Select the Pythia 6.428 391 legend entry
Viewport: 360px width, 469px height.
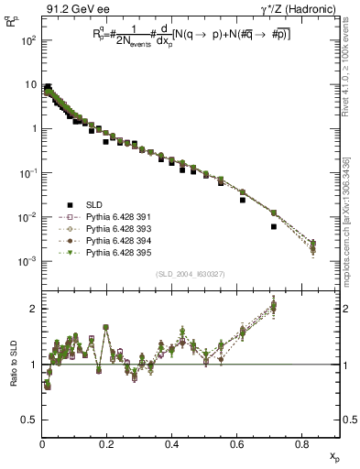(115, 217)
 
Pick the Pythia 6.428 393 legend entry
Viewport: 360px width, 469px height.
(115, 229)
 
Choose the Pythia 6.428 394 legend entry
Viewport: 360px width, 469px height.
(115, 240)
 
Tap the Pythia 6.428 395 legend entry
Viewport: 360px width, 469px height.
(115, 252)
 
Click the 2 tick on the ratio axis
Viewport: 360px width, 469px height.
(34, 309)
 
